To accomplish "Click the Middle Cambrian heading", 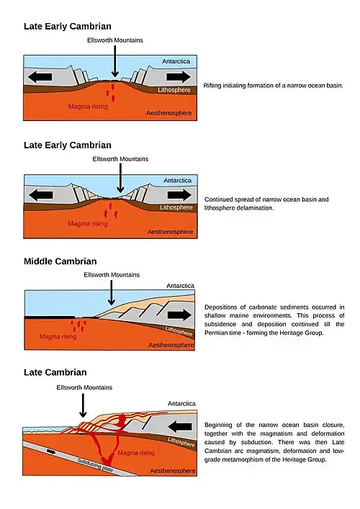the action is coord(60,261).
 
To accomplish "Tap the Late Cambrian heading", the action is coord(55,372).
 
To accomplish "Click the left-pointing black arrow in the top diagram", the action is coord(40,77).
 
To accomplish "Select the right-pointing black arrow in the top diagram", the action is coord(179,77).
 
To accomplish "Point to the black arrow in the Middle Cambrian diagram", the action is coord(179,315).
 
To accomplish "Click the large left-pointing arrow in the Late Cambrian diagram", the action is coord(180,426).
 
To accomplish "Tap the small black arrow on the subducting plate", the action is coord(51,451).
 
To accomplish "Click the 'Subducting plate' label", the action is coord(95,466).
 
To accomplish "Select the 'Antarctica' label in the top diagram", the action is coord(176,61).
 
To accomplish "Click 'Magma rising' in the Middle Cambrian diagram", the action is coord(58,337).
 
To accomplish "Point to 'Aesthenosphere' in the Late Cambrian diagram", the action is coord(172,471).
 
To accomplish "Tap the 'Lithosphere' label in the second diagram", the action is coord(176,207).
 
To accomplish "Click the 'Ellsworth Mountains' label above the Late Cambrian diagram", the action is coord(84,387).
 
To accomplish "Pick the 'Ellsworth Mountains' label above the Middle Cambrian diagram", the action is coord(112,275).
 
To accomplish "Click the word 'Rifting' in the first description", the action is coord(212,86).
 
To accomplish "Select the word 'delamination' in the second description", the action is coord(255,208).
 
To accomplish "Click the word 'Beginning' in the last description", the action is coord(218,425).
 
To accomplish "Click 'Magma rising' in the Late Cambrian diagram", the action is coord(136,453).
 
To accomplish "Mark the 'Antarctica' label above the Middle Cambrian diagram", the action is coord(180,286).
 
